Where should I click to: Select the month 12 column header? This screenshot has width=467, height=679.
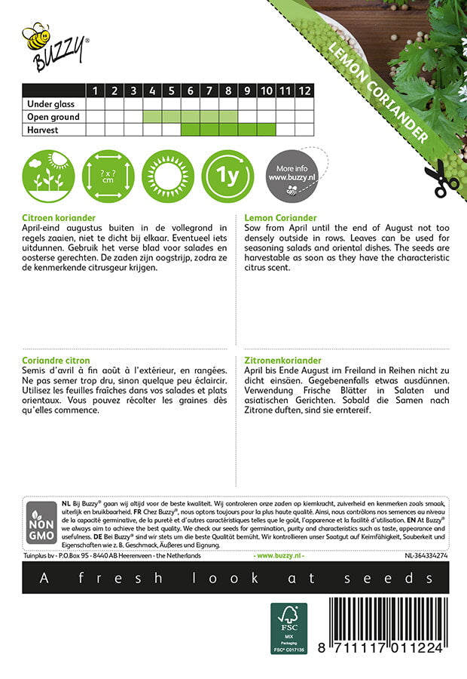304,91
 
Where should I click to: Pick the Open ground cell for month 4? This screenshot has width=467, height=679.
152,117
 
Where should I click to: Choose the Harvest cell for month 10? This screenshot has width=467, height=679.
266,130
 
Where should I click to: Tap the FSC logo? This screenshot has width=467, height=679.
289,628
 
